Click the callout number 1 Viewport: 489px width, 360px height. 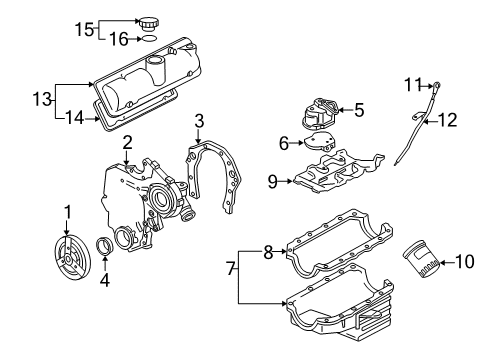[x=67, y=211]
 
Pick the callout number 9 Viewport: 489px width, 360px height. [x=270, y=181]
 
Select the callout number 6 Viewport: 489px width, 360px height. [x=285, y=143]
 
